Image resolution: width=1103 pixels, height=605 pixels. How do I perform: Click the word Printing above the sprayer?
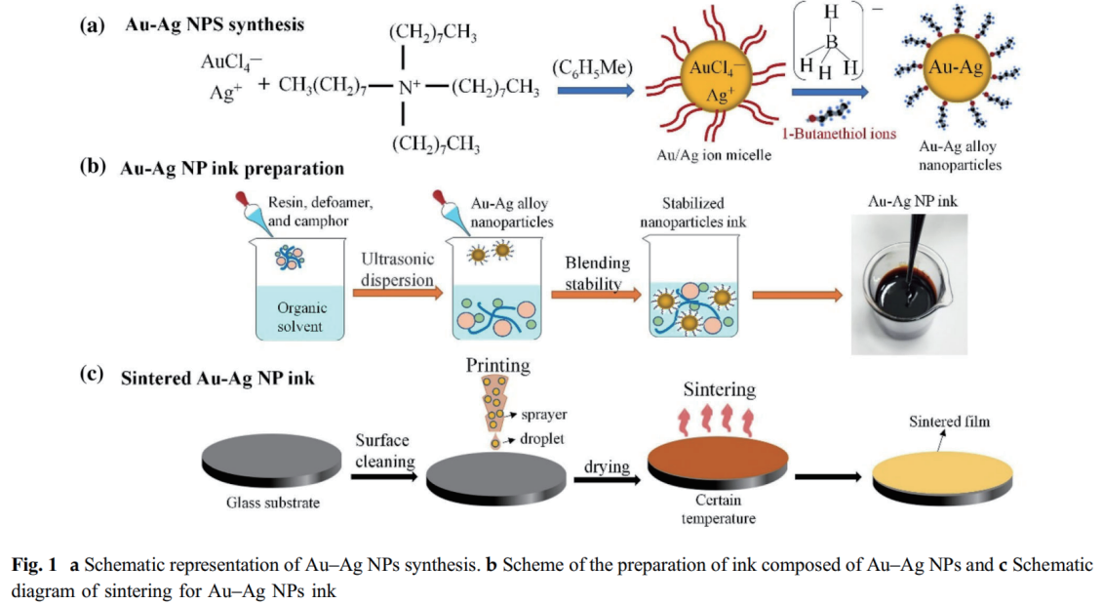click(497, 366)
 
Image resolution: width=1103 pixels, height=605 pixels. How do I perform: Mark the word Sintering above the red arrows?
click(719, 389)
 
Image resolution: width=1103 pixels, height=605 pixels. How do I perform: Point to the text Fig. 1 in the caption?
click(35, 566)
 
